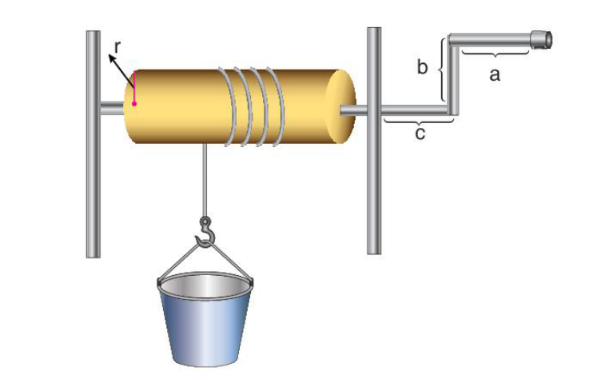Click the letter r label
click(x=117, y=47)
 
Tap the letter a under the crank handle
click(x=495, y=74)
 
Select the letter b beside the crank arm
click(x=422, y=66)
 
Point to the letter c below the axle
click(x=420, y=134)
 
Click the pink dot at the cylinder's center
click(x=134, y=104)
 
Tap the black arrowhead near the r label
click(x=112, y=58)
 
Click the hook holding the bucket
click(x=206, y=232)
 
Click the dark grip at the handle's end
click(x=541, y=40)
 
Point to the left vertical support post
click(x=93, y=144)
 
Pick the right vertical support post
click(x=374, y=141)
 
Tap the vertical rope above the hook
click(x=204, y=180)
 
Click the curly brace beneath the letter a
click(x=495, y=54)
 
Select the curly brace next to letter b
click(x=442, y=70)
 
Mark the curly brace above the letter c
click(x=419, y=122)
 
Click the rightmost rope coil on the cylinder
click(x=277, y=106)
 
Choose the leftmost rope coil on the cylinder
click(x=229, y=106)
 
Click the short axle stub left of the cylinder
click(x=112, y=108)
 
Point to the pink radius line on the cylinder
click(x=134, y=88)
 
